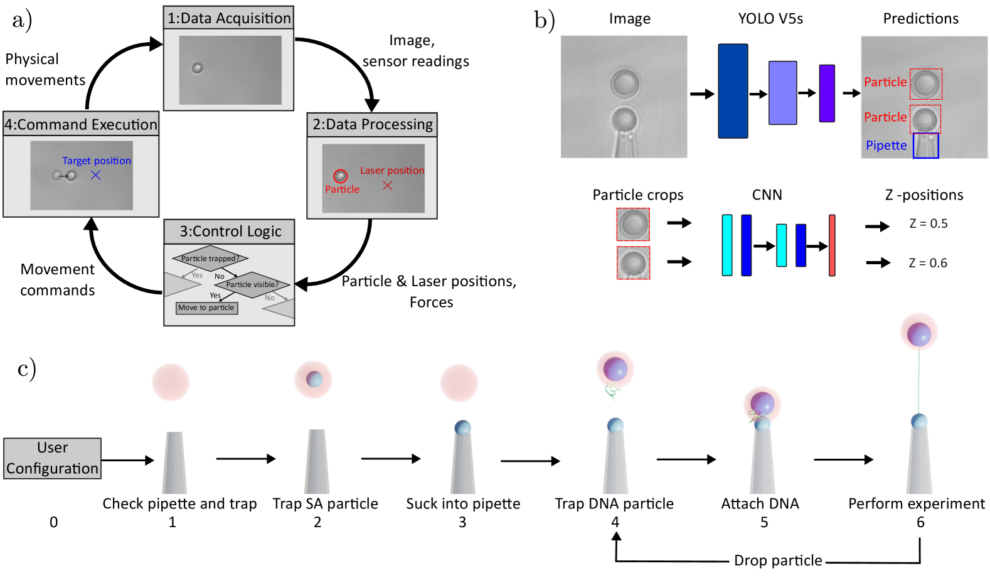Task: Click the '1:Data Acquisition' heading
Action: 229,18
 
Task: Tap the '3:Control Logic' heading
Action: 230,232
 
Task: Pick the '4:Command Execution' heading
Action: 81,124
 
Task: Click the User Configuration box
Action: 52,458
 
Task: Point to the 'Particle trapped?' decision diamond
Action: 210,258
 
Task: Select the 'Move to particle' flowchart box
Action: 206,308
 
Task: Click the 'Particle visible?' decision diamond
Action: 252,284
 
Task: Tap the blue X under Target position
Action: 95,175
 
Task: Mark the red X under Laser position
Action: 388,185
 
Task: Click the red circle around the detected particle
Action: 340,176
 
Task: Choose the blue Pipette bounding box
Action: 925,146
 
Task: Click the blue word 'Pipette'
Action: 886,146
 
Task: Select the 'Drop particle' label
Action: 778,560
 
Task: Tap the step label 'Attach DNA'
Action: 760,504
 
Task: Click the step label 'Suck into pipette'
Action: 463,504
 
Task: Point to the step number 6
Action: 920,522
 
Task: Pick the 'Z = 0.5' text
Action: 928,223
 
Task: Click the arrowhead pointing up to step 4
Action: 617,537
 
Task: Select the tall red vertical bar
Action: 832,245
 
